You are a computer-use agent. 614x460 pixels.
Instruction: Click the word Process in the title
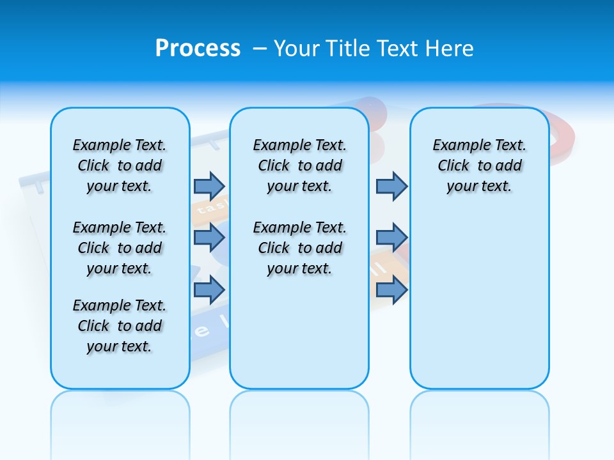coord(198,48)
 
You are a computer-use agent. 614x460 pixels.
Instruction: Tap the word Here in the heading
coord(451,49)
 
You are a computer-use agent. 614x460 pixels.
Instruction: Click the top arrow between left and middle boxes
coord(209,186)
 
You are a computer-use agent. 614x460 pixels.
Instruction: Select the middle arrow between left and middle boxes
coord(209,238)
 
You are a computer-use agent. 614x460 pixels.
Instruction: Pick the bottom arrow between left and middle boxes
coord(209,290)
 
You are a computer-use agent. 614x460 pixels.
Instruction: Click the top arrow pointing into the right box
coord(391,186)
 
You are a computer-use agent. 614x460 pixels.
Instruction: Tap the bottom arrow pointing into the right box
coord(391,290)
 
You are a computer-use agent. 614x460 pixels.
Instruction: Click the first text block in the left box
coord(120,165)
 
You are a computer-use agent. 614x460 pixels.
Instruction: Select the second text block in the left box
coord(120,248)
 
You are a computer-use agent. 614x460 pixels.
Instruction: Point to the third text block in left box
coord(120,326)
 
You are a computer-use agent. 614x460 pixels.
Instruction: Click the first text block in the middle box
coord(299,165)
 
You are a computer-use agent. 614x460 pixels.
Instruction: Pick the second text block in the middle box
coord(299,248)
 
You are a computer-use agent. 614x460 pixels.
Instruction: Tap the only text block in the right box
coord(479,165)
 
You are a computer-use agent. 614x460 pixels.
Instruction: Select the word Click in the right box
coord(453,166)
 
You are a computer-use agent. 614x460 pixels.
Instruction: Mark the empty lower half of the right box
coord(479,307)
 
